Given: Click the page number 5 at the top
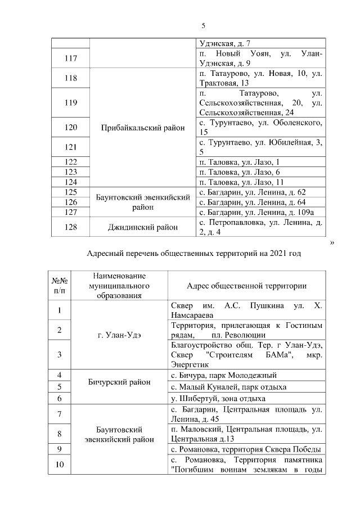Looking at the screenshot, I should point(204,25).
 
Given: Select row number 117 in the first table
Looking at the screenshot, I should point(71,58).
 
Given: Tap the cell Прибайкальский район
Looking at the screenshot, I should point(142,128).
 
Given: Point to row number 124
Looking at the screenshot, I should point(71,182).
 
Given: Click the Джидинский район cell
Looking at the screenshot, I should point(142,227).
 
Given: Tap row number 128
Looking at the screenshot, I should point(71,227).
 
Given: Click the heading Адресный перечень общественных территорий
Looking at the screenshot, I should point(194,254).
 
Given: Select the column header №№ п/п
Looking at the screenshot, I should point(60,286).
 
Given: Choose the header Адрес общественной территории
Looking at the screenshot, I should point(246,286).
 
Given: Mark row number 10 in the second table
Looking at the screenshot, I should point(60,465).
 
